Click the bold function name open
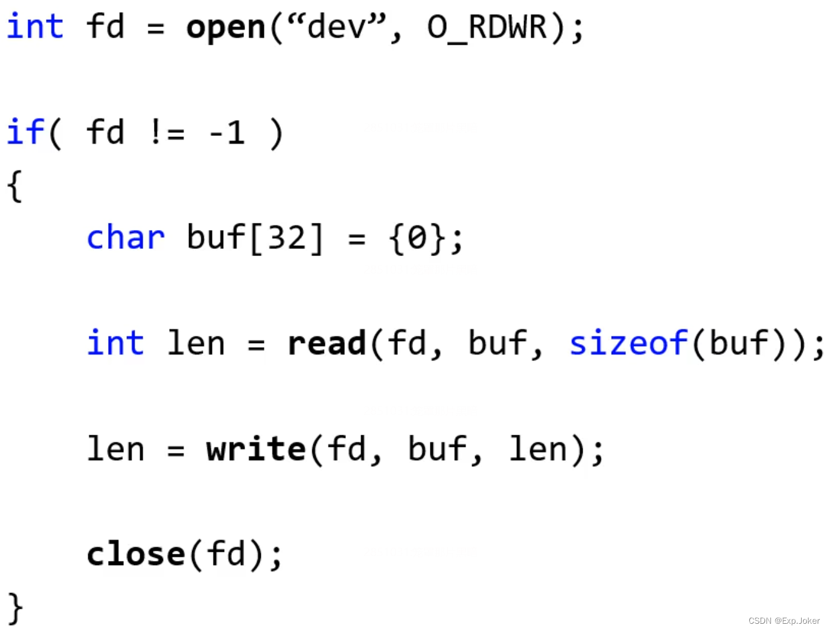(x=225, y=28)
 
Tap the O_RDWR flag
(x=487, y=28)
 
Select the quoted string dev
(x=336, y=27)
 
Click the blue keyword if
(x=25, y=132)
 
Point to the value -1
(x=226, y=133)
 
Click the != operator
(x=167, y=133)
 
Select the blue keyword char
(x=126, y=237)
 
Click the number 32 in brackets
(x=287, y=237)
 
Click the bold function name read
(x=327, y=343)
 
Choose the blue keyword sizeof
(x=629, y=343)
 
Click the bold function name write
(x=256, y=449)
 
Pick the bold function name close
(x=136, y=554)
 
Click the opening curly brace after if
(x=15, y=185)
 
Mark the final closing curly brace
(x=15, y=607)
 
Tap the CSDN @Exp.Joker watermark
(x=784, y=621)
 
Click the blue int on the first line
(x=35, y=27)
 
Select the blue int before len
(x=115, y=343)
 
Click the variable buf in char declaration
(x=216, y=237)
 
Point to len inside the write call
(x=538, y=449)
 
